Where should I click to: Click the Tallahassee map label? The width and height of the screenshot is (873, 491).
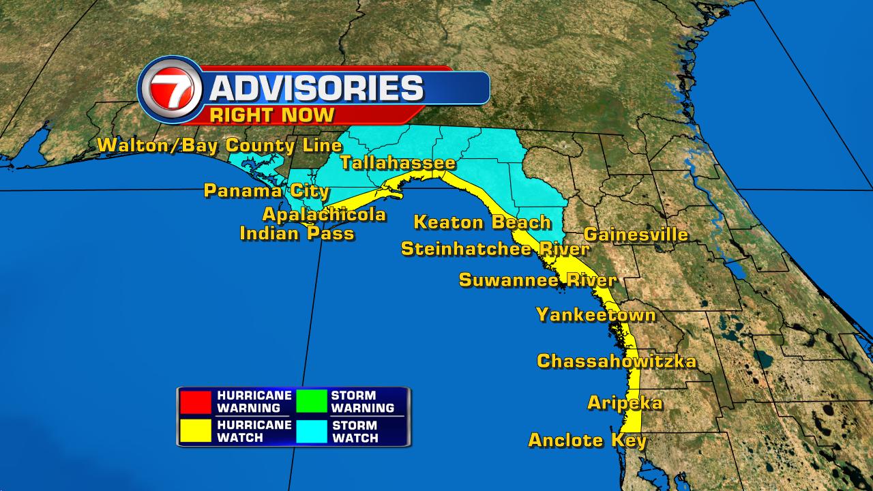(397, 163)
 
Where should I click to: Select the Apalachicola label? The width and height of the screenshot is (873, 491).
(324, 214)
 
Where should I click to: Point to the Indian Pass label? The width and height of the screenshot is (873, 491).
(297, 233)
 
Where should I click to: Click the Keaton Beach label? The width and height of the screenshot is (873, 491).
(482, 222)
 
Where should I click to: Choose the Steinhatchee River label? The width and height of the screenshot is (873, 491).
(494, 249)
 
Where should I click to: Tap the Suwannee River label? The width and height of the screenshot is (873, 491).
(537, 280)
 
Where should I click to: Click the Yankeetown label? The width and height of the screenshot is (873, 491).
(595, 314)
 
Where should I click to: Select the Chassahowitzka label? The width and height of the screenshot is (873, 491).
(617, 361)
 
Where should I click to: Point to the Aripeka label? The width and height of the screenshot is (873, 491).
(625, 403)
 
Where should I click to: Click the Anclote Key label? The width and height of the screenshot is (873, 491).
(587, 440)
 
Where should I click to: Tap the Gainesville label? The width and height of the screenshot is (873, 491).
(636, 235)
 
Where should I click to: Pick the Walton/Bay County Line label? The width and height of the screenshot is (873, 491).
(219, 145)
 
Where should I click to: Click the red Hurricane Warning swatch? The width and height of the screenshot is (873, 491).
(196, 402)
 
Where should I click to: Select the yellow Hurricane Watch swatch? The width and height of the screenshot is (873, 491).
(196, 431)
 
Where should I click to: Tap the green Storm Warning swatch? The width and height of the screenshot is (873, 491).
(311, 402)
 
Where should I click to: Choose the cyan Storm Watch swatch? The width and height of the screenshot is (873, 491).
(311, 431)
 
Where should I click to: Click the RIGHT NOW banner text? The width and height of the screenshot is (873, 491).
(272, 114)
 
